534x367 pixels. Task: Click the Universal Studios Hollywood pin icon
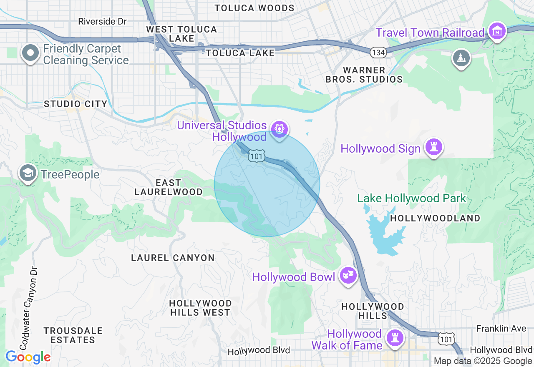279,129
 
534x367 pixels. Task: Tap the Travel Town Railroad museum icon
498,31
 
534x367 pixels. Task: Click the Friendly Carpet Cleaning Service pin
30,53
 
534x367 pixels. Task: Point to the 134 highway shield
378,52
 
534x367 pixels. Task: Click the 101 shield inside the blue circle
256,156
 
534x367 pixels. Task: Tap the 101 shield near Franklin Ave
446,339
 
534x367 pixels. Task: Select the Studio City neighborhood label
76,104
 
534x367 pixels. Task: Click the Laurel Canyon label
173,258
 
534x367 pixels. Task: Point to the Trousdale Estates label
73,335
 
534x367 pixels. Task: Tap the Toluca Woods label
254,8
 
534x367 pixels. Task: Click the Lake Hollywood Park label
411,198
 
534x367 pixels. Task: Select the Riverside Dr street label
102,21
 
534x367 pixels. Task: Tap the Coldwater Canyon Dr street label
28,309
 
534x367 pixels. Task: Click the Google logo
28,357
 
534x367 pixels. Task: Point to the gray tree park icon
461,58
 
